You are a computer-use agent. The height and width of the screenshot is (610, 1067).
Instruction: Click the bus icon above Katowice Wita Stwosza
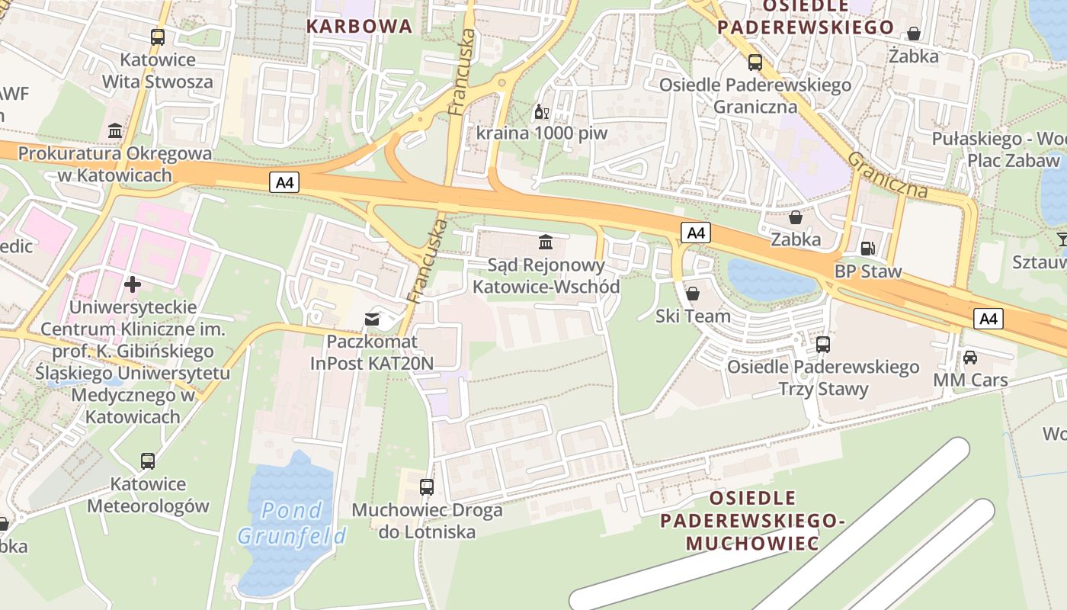pyautogui.click(x=158, y=37)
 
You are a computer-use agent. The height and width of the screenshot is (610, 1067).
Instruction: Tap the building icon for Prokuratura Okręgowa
pyautogui.click(x=115, y=131)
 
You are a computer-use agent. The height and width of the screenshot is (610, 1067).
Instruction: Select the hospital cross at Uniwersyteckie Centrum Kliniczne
pyautogui.click(x=133, y=284)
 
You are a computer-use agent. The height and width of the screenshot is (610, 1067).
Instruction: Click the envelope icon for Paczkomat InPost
pyautogui.click(x=372, y=319)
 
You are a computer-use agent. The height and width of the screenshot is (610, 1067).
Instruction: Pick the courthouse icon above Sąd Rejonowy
pyautogui.click(x=546, y=242)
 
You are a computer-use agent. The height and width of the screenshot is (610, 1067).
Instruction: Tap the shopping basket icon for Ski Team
pyautogui.click(x=693, y=294)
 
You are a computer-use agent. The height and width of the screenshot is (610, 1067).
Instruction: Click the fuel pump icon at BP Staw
pyautogui.click(x=867, y=248)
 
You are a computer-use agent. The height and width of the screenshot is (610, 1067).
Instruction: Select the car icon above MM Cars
pyautogui.click(x=970, y=357)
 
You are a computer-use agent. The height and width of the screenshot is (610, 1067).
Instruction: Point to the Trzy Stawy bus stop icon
pyautogui.click(x=823, y=344)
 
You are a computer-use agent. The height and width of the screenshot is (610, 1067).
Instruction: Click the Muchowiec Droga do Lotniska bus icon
pyautogui.click(x=427, y=486)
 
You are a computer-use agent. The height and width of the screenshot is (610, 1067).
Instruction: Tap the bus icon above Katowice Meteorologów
pyautogui.click(x=148, y=461)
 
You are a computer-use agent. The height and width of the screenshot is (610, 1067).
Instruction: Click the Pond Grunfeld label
pyautogui.click(x=292, y=522)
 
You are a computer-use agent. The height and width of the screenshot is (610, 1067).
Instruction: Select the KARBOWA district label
pyautogui.click(x=359, y=27)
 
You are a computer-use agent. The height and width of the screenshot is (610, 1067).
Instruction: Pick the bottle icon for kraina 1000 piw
pyautogui.click(x=541, y=112)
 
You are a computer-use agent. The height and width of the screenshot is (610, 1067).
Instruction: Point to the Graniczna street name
pyautogui.click(x=887, y=174)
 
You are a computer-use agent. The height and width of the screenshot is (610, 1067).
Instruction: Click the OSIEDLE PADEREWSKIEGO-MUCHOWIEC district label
pyautogui.click(x=753, y=521)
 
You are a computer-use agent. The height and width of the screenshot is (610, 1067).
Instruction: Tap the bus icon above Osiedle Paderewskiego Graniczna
pyautogui.click(x=755, y=62)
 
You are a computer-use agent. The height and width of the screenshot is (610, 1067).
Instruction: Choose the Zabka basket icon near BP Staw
pyautogui.click(x=796, y=217)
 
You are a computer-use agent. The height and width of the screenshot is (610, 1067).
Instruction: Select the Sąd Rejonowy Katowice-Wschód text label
pyautogui.click(x=546, y=276)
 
